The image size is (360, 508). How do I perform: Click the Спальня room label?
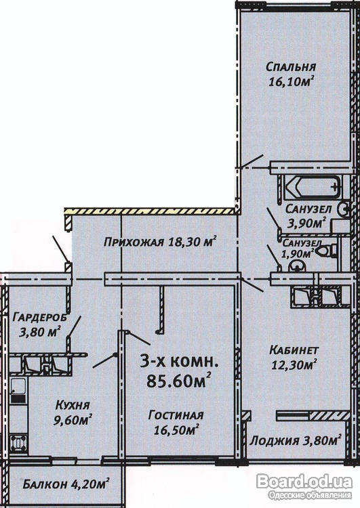tap(291, 67)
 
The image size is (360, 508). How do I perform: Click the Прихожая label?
tap(134, 242)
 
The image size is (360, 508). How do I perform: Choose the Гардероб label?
tap(40, 318)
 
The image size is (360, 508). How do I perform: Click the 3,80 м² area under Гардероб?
tap(40, 332)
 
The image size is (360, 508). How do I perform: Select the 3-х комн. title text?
tap(179, 361)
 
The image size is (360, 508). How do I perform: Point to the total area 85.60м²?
tap(179, 380)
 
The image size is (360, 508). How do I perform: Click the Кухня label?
tap(72, 405)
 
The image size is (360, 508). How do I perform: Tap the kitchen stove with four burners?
tap(18, 442)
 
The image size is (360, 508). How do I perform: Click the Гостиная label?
tap(176, 415)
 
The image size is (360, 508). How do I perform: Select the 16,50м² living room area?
tap(176, 429)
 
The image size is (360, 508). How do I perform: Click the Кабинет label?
tap(294, 350)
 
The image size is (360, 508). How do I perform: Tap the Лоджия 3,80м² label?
tap(296, 440)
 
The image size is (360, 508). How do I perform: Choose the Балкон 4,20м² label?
tap(66, 484)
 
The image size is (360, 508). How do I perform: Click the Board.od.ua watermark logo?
tap(304, 482)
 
